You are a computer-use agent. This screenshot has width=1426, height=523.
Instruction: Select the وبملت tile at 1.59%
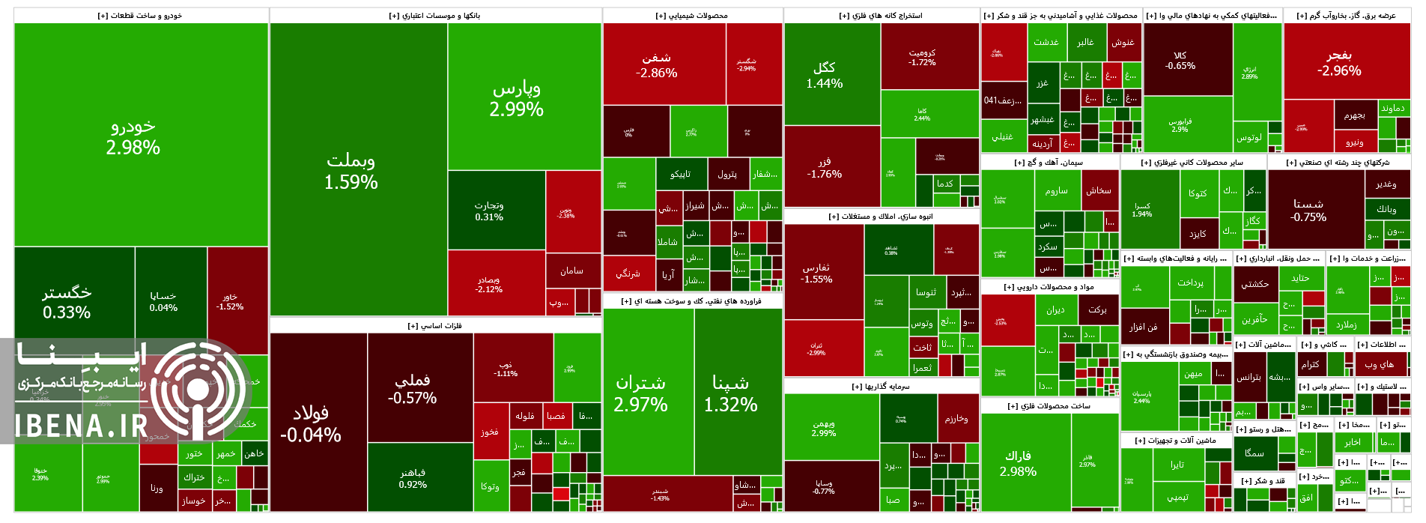coord(351,171)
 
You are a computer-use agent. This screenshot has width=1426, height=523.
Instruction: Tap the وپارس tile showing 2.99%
coord(516,99)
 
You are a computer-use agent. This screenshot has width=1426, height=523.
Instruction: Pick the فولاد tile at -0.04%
coord(311,423)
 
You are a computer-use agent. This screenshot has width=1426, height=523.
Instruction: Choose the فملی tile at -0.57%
coord(412,388)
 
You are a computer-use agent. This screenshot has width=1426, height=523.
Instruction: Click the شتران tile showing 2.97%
coord(640,393)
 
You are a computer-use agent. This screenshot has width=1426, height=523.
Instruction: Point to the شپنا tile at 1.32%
coord(730,393)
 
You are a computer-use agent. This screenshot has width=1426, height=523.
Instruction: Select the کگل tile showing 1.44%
coord(824,75)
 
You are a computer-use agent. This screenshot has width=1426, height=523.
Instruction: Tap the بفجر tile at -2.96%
coord(1339,63)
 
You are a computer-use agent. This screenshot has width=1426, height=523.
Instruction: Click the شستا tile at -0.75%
coord(1308,210)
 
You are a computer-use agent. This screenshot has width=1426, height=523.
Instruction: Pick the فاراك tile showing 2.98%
coord(1018,463)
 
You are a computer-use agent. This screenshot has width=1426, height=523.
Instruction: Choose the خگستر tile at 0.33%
coord(67,302)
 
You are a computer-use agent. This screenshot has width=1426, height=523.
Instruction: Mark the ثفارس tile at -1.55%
coord(816,273)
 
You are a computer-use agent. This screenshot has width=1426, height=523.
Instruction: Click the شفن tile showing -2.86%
coord(657,65)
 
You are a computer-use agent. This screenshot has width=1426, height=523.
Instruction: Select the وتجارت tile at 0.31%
coord(489,211)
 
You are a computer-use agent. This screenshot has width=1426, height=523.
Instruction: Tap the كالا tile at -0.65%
coord(1180,61)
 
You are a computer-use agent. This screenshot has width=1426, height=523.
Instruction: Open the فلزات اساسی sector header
coord(434,326)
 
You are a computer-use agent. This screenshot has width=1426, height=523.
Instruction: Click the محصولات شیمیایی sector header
coord(691,16)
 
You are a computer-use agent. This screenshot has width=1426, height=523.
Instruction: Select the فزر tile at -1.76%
coord(824,167)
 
